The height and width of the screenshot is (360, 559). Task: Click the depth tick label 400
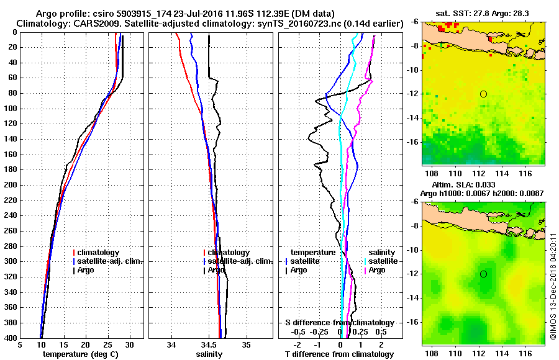click(11, 338)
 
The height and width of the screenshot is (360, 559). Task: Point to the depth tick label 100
click(11, 109)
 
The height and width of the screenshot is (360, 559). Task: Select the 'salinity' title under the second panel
click(209, 354)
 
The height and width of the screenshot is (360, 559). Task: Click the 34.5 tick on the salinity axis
click(209, 345)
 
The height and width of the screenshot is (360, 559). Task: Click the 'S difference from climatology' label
click(339, 323)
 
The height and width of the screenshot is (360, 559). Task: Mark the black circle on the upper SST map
click(483, 94)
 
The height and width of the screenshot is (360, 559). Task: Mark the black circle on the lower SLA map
click(483, 274)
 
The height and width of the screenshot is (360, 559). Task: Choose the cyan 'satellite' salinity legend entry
click(379, 261)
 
